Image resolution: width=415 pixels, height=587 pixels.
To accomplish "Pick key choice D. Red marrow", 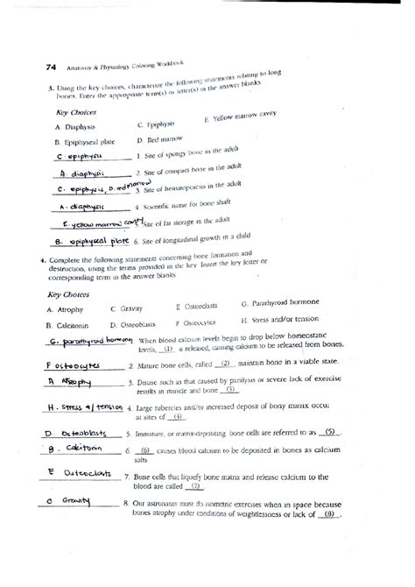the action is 160,140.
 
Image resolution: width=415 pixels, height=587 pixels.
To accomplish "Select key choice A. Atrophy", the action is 67,309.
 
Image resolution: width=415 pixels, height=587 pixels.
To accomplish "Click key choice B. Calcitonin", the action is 71,322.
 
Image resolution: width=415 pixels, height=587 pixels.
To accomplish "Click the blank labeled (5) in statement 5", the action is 328,432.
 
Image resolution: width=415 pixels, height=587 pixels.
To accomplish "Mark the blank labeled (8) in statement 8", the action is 329,515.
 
